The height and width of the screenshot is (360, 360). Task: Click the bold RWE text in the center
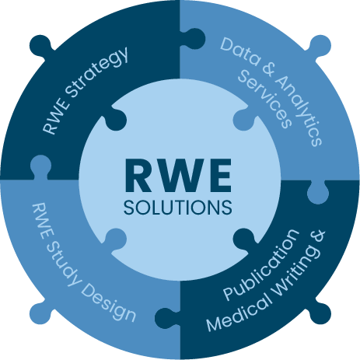click(178, 176)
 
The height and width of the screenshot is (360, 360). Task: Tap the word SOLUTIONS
click(178, 208)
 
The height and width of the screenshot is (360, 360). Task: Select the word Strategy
click(96, 72)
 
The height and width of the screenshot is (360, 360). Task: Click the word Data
click(240, 52)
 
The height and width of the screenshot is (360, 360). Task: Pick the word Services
click(265, 100)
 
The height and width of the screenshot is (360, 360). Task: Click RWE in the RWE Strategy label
click(56, 117)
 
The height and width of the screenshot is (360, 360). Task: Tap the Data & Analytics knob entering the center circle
click(244, 119)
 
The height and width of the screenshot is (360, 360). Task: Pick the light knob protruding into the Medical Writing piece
click(318, 192)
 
